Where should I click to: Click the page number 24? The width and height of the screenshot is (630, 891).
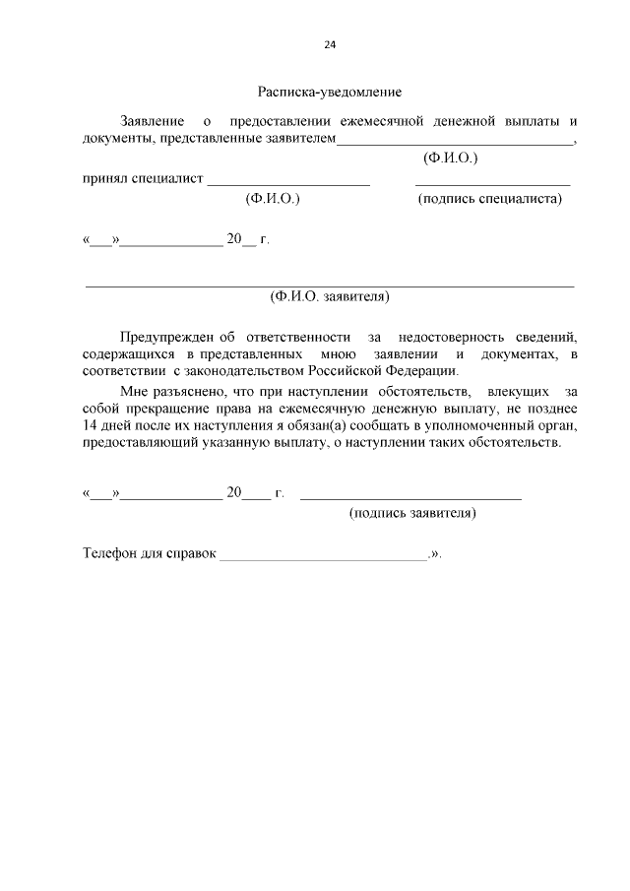point(330,45)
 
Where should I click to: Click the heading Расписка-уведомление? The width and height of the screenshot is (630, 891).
point(329,93)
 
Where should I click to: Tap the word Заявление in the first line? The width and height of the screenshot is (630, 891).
point(151,121)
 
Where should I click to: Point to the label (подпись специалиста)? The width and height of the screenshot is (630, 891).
point(489,198)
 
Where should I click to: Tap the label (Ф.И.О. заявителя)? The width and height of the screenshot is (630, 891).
point(330,295)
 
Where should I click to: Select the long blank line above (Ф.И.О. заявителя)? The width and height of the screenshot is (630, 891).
point(330,285)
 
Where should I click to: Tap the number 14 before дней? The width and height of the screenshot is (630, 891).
point(91,425)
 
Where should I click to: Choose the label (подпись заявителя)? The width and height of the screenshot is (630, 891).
point(412,513)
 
